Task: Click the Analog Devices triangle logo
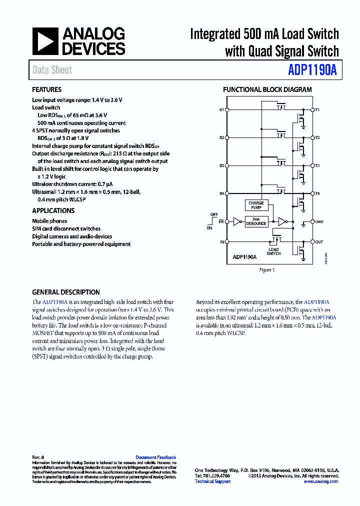(x=45, y=41)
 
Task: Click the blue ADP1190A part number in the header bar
(x=312, y=70)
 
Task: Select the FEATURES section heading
(x=46, y=90)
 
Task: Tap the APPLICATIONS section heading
(x=53, y=211)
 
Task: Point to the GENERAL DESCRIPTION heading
(x=66, y=292)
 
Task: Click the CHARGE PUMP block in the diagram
(x=256, y=205)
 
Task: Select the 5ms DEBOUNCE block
(x=256, y=221)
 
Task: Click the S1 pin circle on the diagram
(x=227, y=109)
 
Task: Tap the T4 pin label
(x=317, y=193)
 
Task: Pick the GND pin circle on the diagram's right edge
(x=311, y=221)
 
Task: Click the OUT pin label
(x=318, y=242)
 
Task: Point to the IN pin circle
(x=227, y=242)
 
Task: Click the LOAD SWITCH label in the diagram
(x=273, y=251)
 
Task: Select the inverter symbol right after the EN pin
(x=236, y=221)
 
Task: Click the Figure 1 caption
(x=267, y=270)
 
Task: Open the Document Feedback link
(x=155, y=457)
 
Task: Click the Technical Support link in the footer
(x=212, y=481)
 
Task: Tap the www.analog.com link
(x=320, y=481)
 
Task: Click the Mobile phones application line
(x=49, y=221)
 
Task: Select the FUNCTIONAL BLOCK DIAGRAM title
(x=267, y=90)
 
